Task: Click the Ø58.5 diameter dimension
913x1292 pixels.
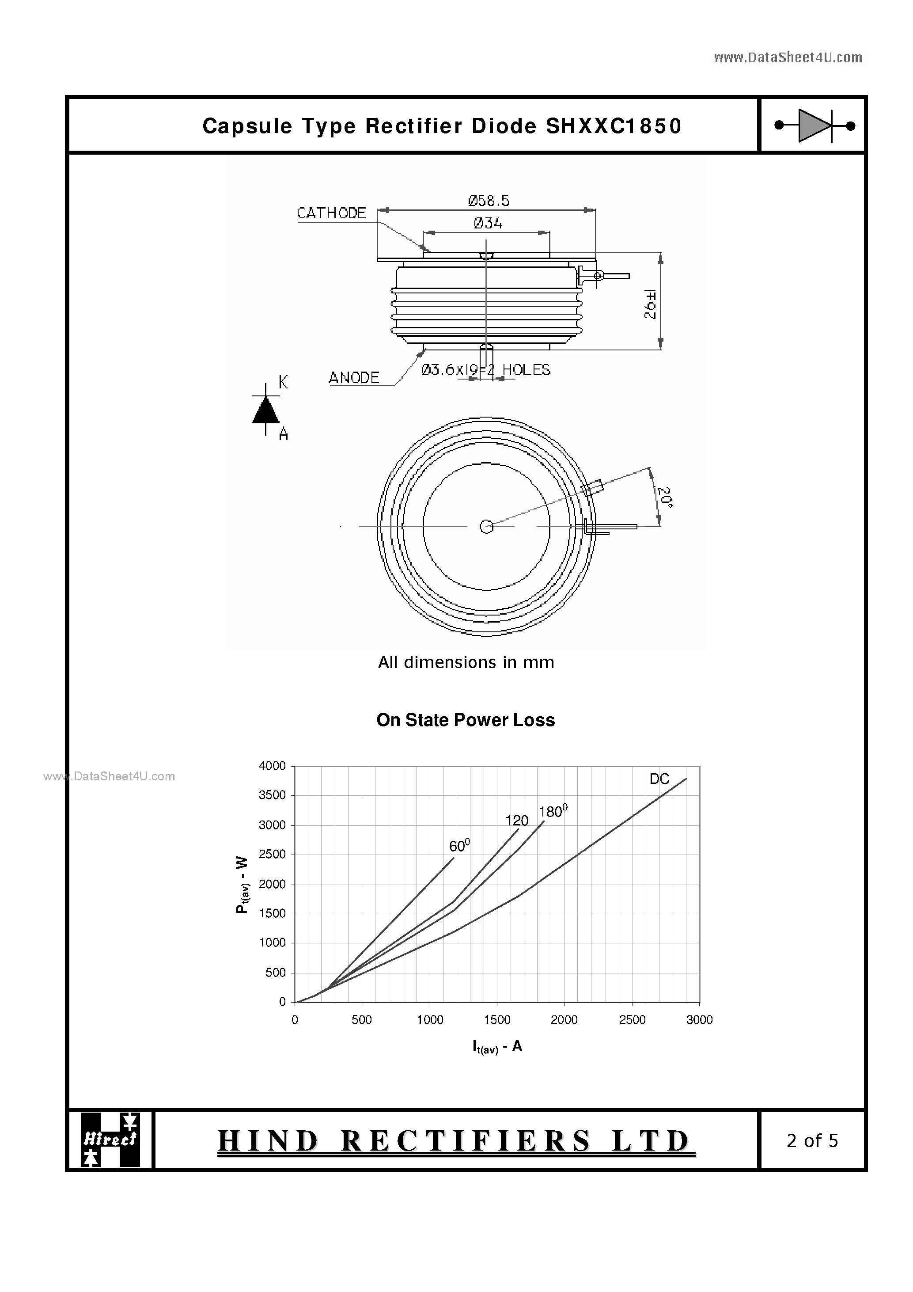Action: (488, 200)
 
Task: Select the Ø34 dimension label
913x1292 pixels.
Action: (488, 224)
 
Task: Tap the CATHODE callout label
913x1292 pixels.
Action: (331, 213)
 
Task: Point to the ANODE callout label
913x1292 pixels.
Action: (354, 378)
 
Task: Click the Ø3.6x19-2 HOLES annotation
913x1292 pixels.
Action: (485, 370)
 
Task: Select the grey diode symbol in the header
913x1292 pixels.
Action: (814, 125)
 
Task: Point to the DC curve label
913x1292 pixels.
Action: (659, 779)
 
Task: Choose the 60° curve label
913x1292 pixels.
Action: (459, 845)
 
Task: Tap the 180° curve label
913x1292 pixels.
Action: (553, 811)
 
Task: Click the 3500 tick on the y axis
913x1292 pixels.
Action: (272, 795)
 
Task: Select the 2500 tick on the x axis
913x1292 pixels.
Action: (632, 1020)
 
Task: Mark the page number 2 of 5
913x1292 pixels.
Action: (812, 1140)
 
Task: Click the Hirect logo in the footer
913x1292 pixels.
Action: (110, 1140)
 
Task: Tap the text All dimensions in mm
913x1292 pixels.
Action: (466, 662)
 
